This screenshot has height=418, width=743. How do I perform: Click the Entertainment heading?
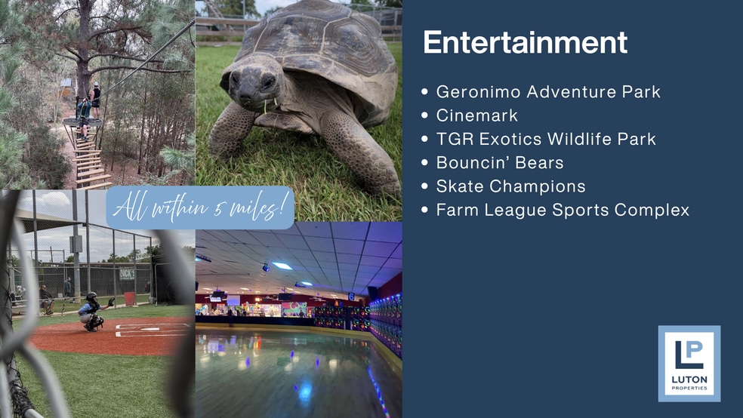click(x=525, y=42)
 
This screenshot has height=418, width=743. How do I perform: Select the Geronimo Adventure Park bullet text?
click(x=548, y=91)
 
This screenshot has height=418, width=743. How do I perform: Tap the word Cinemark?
click(x=476, y=115)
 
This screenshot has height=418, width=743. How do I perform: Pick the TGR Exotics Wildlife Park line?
click(x=546, y=139)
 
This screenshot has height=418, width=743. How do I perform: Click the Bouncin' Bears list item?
click(x=499, y=162)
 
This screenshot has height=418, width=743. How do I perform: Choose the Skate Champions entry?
click(x=510, y=186)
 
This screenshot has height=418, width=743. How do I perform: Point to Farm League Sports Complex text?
click(x=563, y=210)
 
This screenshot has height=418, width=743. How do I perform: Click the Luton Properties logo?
click(x=689, y=364)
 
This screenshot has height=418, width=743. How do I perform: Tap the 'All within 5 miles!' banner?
click(x=200, y=207)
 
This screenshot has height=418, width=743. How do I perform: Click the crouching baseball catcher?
click(x=92, y=312)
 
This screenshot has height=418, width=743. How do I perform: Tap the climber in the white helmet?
click(x=96, y=100)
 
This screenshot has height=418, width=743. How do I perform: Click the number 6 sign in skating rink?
click(x=351, y=297)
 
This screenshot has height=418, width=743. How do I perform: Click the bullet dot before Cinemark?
click(x=424, y=115)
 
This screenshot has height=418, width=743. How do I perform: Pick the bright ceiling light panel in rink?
click(x=282, y=266)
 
